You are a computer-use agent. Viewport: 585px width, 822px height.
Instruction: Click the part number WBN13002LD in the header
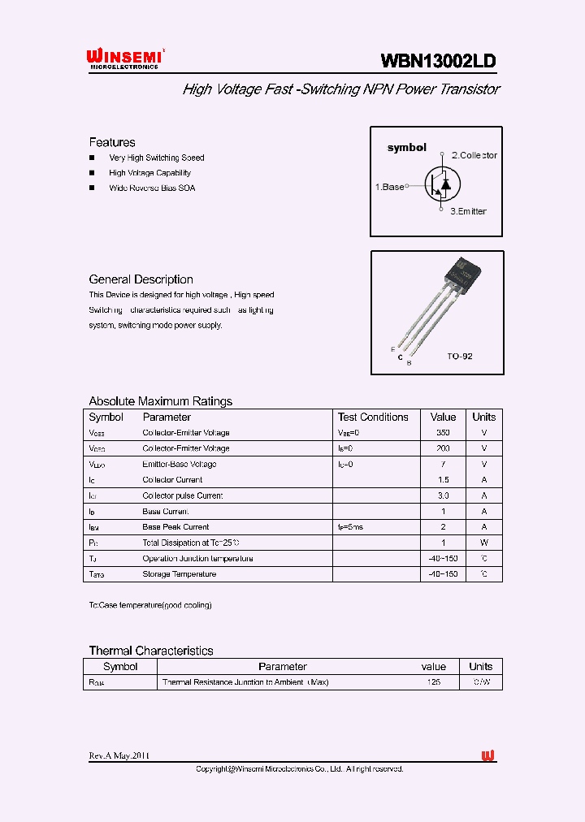pos(439,61)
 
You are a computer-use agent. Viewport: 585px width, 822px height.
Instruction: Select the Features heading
pos(112,142)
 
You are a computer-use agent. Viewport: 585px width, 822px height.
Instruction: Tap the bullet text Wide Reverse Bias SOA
pos(152,188)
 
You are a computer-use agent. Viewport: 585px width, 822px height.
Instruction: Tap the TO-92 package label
pos(459,357)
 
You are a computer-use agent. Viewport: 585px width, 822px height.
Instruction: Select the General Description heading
pos(141,279)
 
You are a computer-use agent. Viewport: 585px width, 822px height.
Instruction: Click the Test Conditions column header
pos(373,417)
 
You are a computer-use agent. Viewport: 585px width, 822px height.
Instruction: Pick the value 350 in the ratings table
pos(443,433)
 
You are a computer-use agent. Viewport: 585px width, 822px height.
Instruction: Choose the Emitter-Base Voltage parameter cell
pos(180,465)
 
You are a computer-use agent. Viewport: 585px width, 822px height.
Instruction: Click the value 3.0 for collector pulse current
pos(443,495)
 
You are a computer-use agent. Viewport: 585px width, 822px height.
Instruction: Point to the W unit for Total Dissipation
pos(483,543)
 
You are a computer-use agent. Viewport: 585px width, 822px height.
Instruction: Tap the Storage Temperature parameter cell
pos(180,574)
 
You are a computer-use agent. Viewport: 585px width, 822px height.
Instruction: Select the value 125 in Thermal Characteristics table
pos(433,682)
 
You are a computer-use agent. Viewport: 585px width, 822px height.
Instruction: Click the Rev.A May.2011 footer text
pos(119,755)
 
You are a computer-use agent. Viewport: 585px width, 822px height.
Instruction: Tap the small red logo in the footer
pos(487,756)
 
